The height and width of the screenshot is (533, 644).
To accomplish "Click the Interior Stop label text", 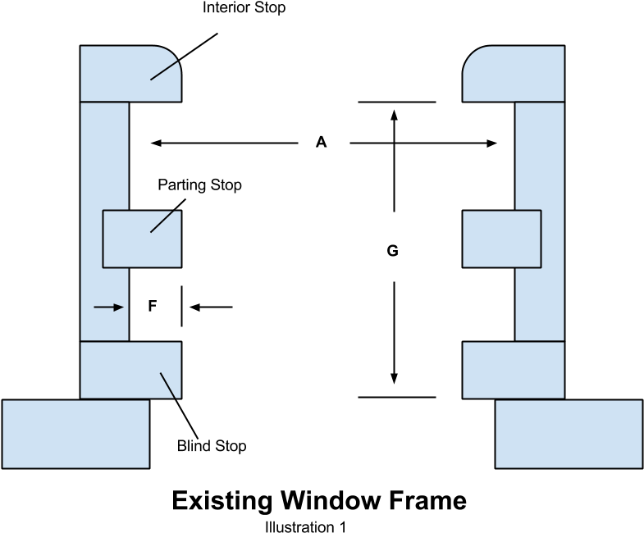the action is [244, 7].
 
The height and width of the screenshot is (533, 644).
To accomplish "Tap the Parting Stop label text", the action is [199, 185].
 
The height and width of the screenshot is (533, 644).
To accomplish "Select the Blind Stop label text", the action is [212, 445].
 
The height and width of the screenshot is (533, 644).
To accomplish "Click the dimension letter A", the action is [321, 142].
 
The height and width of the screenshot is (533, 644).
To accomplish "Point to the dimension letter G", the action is [393, 250].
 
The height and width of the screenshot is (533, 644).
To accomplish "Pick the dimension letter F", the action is [152, 306].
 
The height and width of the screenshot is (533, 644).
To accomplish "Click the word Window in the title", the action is [331, 500].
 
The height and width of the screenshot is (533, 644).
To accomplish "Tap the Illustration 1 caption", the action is [305, 526].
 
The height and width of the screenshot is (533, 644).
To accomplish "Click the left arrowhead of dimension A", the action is [155, 143].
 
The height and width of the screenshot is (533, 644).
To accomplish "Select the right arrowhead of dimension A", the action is [492, 143].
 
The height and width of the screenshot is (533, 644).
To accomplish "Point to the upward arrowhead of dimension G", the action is [395, 115].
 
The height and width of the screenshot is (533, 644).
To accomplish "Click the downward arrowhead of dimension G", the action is [395, 379].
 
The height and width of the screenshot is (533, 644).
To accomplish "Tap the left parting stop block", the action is [142, 239].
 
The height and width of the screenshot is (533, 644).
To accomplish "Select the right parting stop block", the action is [501, 239].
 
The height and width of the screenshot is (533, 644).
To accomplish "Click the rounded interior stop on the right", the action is [514, 74].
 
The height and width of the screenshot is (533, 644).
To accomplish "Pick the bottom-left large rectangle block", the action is [76, 434].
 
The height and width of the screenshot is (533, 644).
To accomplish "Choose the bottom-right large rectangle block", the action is [569, 434].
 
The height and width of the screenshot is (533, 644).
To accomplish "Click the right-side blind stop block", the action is [514, 370].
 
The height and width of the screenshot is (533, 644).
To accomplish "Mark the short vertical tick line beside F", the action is [181, 307].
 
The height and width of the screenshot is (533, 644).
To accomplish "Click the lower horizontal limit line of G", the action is [397, 397].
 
